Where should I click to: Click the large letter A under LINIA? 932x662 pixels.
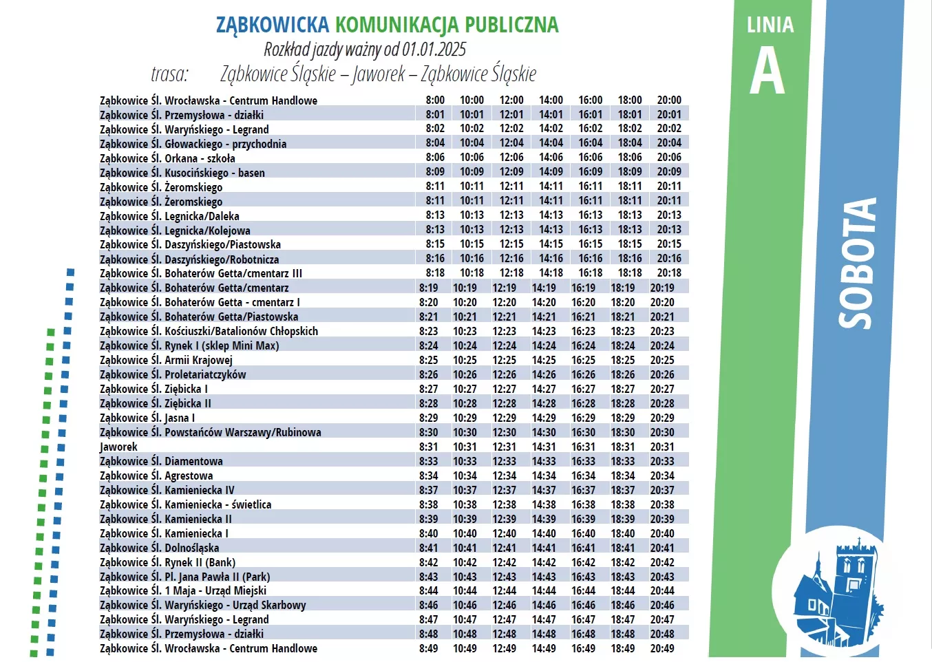767,72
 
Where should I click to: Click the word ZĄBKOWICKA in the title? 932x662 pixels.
273,25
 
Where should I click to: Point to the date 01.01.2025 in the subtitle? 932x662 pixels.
434,50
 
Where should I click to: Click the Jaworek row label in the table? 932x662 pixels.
118,447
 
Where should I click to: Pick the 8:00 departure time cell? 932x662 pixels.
435,100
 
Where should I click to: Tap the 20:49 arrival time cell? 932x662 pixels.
662,648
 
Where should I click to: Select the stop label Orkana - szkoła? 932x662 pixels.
200,158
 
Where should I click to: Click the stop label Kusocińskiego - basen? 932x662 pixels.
214,173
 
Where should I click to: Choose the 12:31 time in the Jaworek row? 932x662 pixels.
505,447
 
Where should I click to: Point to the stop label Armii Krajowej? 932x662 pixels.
198,360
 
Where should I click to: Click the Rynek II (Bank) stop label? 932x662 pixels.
200,562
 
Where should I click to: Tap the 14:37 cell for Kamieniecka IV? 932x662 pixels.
544,490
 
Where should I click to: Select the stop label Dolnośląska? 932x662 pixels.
191,548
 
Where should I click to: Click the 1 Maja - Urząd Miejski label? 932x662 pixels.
215,590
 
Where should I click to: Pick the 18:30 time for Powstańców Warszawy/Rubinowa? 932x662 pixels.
623,432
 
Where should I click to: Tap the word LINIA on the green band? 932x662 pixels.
770,25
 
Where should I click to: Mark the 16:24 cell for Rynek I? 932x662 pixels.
583,345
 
